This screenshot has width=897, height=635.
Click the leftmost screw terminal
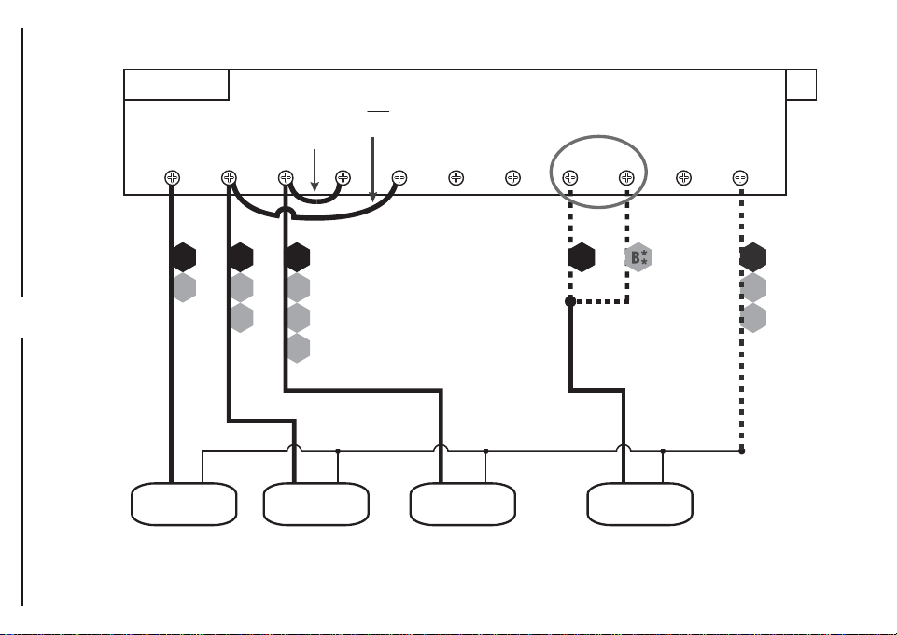point(172,178)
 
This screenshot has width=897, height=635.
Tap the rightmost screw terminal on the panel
point(739,178)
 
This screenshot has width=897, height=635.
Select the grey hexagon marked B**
point(638,257)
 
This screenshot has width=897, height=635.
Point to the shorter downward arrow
point(314,171)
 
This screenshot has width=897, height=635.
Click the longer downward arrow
point(373,170)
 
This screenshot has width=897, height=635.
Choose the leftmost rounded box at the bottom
point(184,504)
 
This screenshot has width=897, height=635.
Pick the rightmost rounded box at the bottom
point(639,504)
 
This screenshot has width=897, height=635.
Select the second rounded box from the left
point(315,504)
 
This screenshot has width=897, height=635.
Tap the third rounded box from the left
point(463,504)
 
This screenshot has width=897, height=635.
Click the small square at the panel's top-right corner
point(801,85)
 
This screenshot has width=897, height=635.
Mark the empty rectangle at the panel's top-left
point(176,85)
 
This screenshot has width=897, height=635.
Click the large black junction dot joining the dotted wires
point(570,301)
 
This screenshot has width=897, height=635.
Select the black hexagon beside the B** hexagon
point(582,257)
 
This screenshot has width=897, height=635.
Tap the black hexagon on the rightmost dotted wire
point(753,257)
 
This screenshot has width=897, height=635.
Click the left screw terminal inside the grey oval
point(569,178)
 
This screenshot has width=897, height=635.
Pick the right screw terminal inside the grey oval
point(626,178)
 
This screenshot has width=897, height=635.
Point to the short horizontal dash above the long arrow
point(378,112)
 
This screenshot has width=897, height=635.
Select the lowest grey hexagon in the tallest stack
point(298,348)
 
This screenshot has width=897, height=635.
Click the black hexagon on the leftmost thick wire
point(184,257)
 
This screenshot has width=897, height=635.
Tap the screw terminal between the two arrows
point(343,178)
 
